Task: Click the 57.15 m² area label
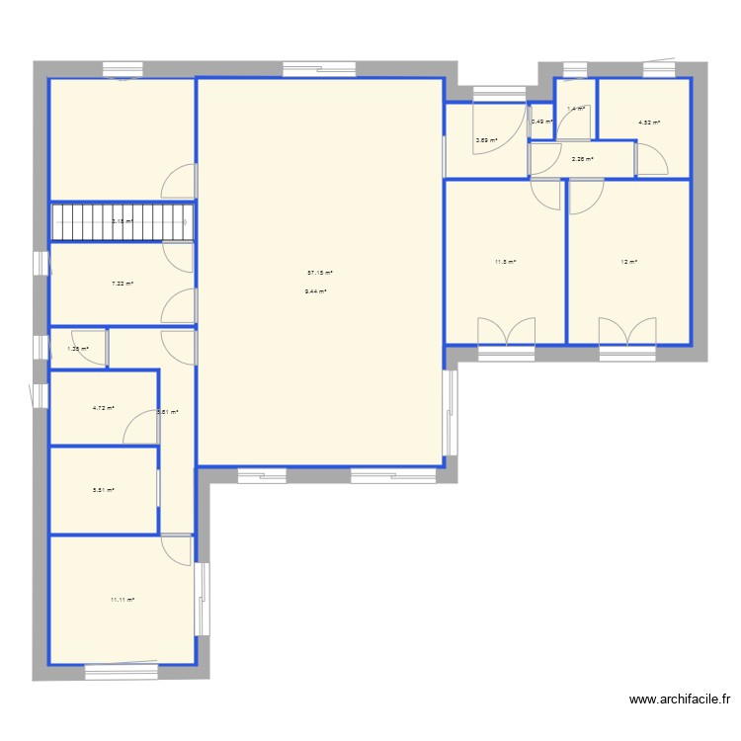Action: coord(320,273)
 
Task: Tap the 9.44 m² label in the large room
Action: coord(316,291)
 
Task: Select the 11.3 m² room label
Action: coord(505,262)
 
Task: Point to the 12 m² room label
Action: coord(628,262)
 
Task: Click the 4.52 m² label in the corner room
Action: coord(649,123)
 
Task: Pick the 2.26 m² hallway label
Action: coord(582,159)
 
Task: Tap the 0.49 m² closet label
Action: coord(541,123)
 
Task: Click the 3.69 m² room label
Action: coord(486,140)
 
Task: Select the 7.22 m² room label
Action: coord(123,284)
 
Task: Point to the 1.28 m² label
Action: coord(78,349)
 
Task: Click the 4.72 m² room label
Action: coord(104,408)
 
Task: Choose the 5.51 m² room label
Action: coord(104,490)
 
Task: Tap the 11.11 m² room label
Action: coord(123,599)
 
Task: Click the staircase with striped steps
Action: coord(121,222)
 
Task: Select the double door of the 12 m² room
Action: coord(627,332)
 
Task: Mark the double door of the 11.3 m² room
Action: coord(506,332)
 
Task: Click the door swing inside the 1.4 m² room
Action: coord(574,123)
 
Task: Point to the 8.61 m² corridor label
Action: coord(168,412)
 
